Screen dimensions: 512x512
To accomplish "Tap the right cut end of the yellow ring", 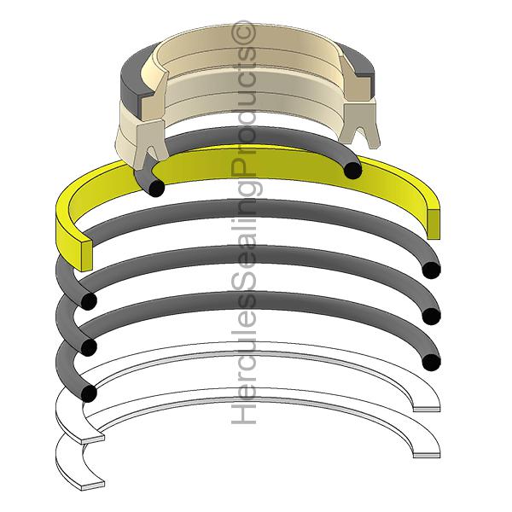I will click(x=434, y=222).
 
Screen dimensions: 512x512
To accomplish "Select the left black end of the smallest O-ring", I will click(x=154, y=187).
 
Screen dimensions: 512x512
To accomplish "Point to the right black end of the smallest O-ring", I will click(x=352, y=171).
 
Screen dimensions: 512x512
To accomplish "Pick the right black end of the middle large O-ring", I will click(x=431, y=317).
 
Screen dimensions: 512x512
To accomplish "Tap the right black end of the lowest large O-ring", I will click(x=431, y=361).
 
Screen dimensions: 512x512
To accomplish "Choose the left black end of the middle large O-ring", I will click(x=86, y=346).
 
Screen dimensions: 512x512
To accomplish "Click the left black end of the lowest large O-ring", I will click(x=86, y=393).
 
